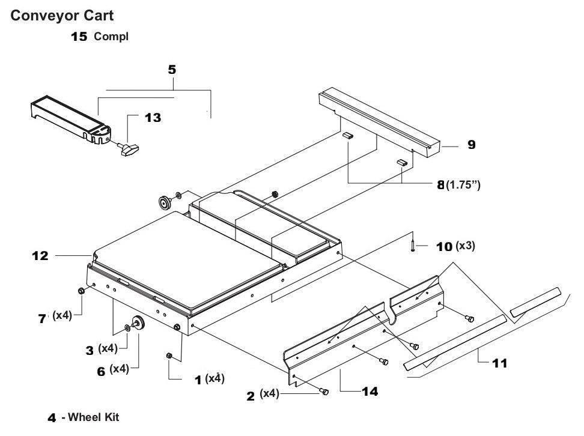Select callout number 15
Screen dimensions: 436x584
point(79,37)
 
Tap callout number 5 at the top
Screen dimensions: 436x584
point(172,70)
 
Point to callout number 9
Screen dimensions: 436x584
point(472,145)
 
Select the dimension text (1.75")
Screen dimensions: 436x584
point(463,186)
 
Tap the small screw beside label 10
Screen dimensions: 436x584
point(413,245)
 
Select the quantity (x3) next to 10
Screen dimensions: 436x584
point(465,246)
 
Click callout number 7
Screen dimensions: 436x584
point(42,319)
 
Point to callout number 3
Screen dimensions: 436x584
point(88,348)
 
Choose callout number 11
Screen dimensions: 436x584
point(499,363)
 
